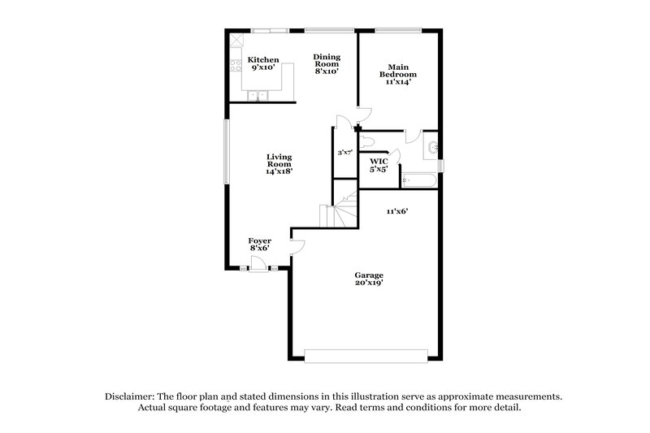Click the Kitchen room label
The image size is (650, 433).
click(x=263, y=59)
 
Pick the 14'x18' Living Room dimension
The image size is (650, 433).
click(x=279, y=171)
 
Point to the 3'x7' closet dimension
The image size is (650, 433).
click(x=345, y=153)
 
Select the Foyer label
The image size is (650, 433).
click(x=260, y=241)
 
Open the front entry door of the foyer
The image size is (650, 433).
click(x=258, y=262)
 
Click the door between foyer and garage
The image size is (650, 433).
click(x=296, y=245)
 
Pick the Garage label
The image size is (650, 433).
click(x=368, y=275)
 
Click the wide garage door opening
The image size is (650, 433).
click(x=366, y=355)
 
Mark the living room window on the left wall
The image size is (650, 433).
click(x=227, y=151)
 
